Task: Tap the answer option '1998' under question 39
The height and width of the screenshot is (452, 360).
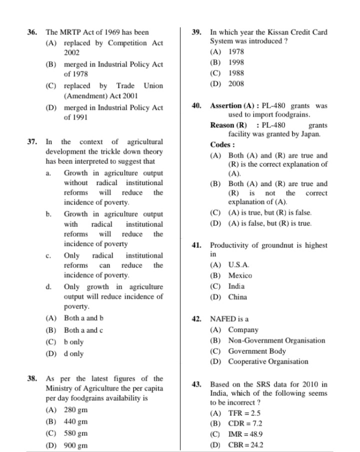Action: (236, 62)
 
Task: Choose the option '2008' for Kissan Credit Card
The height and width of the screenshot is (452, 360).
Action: (236, 84)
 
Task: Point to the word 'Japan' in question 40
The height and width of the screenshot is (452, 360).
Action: (309, 134)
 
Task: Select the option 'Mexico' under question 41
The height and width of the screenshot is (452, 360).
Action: (240, 275)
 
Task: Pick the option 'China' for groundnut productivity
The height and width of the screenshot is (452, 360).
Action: (237, 297)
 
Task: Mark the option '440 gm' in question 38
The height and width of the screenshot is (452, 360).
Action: (76, 421)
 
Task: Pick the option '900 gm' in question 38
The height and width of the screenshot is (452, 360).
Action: (76, 445)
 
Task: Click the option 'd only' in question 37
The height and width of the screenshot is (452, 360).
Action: (74, 354)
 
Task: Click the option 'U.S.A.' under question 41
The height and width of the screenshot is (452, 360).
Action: (239, 264)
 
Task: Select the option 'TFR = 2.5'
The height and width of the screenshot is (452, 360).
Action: (244, 413)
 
